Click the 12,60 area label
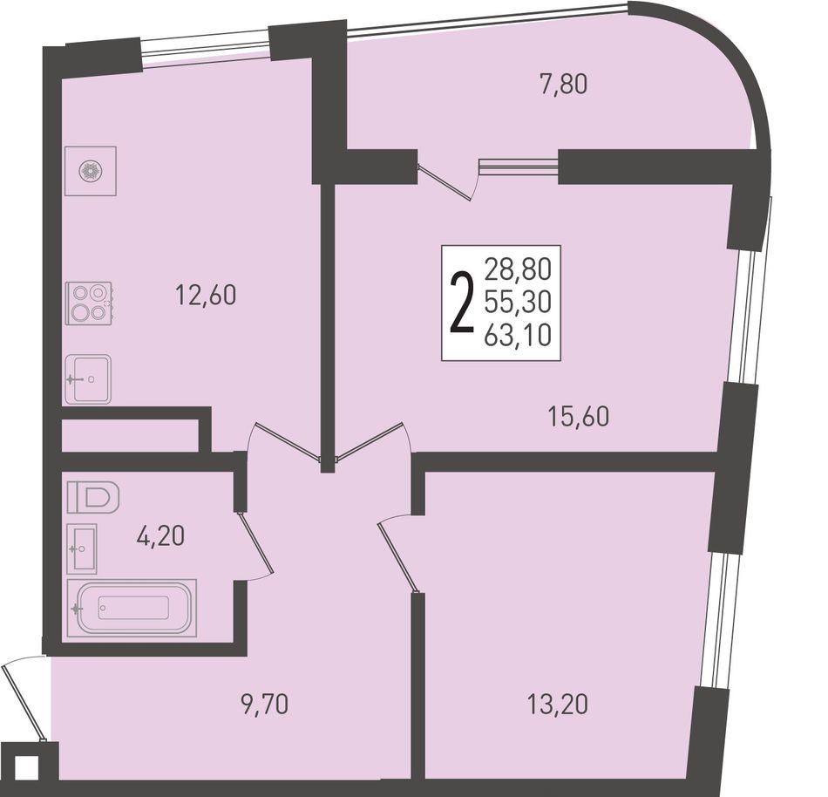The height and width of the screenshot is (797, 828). click(206, 296)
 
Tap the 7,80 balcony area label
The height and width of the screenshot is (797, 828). click(563, 85)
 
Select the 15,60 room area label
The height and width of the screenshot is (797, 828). click(578, 417)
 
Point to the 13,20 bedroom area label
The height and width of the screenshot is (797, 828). click(557, 705)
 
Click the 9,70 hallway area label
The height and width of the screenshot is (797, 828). click(265, 705)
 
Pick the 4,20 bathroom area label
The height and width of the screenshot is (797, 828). click(160, 536)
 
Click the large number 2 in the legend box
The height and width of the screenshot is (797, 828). click(461, 303)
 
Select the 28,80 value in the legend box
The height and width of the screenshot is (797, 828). click(518, 269)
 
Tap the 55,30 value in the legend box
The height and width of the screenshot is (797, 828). click(518, 302)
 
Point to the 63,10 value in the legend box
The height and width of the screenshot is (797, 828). click(518, 335)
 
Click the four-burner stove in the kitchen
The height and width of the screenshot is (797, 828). click(89, 303)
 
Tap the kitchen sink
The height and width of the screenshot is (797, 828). click(88, 378)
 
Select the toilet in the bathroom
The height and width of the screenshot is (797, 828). click(93, 496)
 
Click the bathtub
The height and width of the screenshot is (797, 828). click(132, 608)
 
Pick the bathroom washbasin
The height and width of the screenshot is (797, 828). click(83, 548)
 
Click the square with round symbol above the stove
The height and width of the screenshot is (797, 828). click(91, 171)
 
